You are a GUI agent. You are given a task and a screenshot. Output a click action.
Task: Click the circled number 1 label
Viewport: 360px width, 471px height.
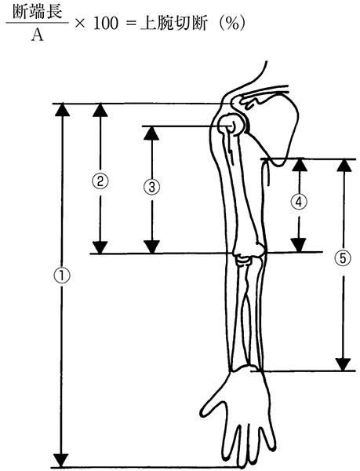click(x=62, y=276)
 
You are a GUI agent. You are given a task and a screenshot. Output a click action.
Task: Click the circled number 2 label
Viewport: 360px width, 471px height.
click(x=100, y=181)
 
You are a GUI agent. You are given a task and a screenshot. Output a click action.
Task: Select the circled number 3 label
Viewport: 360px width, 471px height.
click(x=152, y=187)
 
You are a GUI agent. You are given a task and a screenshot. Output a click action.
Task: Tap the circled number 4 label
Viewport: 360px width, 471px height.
click(x=299, y=202)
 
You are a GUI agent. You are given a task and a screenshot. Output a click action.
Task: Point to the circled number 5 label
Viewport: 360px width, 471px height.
click(x=344, y=258)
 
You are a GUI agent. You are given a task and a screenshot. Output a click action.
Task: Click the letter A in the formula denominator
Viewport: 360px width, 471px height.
click(x=38, y=35)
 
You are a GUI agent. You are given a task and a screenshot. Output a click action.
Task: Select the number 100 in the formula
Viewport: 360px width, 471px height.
click(x=106, y=24)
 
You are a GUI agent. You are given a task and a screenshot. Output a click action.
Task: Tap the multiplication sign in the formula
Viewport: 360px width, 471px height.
click(x=80, y=24)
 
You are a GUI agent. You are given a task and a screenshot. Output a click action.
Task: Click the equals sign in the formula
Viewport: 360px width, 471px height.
click(x=129, y=24)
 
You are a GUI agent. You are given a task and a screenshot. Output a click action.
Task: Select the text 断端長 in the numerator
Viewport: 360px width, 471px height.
click(x=38, y=13)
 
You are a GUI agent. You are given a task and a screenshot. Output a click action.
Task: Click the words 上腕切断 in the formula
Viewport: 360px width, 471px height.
click(x=173, y=24)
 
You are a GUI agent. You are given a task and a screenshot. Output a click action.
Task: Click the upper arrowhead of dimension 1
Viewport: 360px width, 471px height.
click(x=62, y=109)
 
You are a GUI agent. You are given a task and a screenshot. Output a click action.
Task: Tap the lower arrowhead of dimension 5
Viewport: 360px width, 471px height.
click(x=343, y=364)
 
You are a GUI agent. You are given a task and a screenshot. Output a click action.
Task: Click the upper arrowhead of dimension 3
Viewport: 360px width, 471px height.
click(x=151, y=133)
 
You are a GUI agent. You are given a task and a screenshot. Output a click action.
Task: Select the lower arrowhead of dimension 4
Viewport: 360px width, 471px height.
click(x=299, y=245)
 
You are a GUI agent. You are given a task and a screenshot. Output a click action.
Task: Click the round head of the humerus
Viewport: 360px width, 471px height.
click(x=231, y=124)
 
